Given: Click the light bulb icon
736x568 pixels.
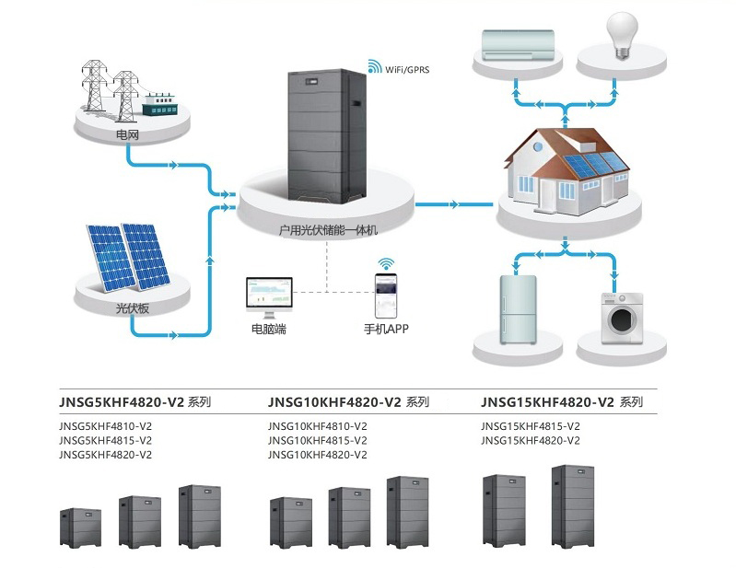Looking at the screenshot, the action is tap(623, 36).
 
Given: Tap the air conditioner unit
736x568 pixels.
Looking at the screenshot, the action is tap(519, 45).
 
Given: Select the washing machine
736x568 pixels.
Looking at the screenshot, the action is tap(623, 319).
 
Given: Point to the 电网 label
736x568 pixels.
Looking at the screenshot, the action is tap(128, 135).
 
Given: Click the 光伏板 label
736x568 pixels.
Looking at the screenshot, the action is tap(133, 308).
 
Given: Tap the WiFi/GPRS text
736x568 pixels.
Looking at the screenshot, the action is tap(407, 70).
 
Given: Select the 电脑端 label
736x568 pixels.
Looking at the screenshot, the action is tap(268, 329).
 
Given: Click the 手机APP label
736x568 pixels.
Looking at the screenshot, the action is tap(386, 329).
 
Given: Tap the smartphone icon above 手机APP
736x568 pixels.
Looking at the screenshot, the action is tap(386, 296).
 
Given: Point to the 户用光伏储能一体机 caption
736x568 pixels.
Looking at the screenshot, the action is tap(328, 230).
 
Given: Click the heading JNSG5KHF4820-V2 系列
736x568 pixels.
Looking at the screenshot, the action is tap(135, 402).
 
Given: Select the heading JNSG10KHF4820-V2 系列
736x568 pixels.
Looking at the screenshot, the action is tap(348, 402).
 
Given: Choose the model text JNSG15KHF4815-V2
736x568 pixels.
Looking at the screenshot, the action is tap(531, 426).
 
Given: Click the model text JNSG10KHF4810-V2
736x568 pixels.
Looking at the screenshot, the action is tap(317, 426).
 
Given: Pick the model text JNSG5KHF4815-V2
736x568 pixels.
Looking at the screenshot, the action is tap(106, 440).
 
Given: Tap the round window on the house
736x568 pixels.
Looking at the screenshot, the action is tap(538, 147).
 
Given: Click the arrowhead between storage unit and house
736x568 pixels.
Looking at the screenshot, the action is tap(454, 204).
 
